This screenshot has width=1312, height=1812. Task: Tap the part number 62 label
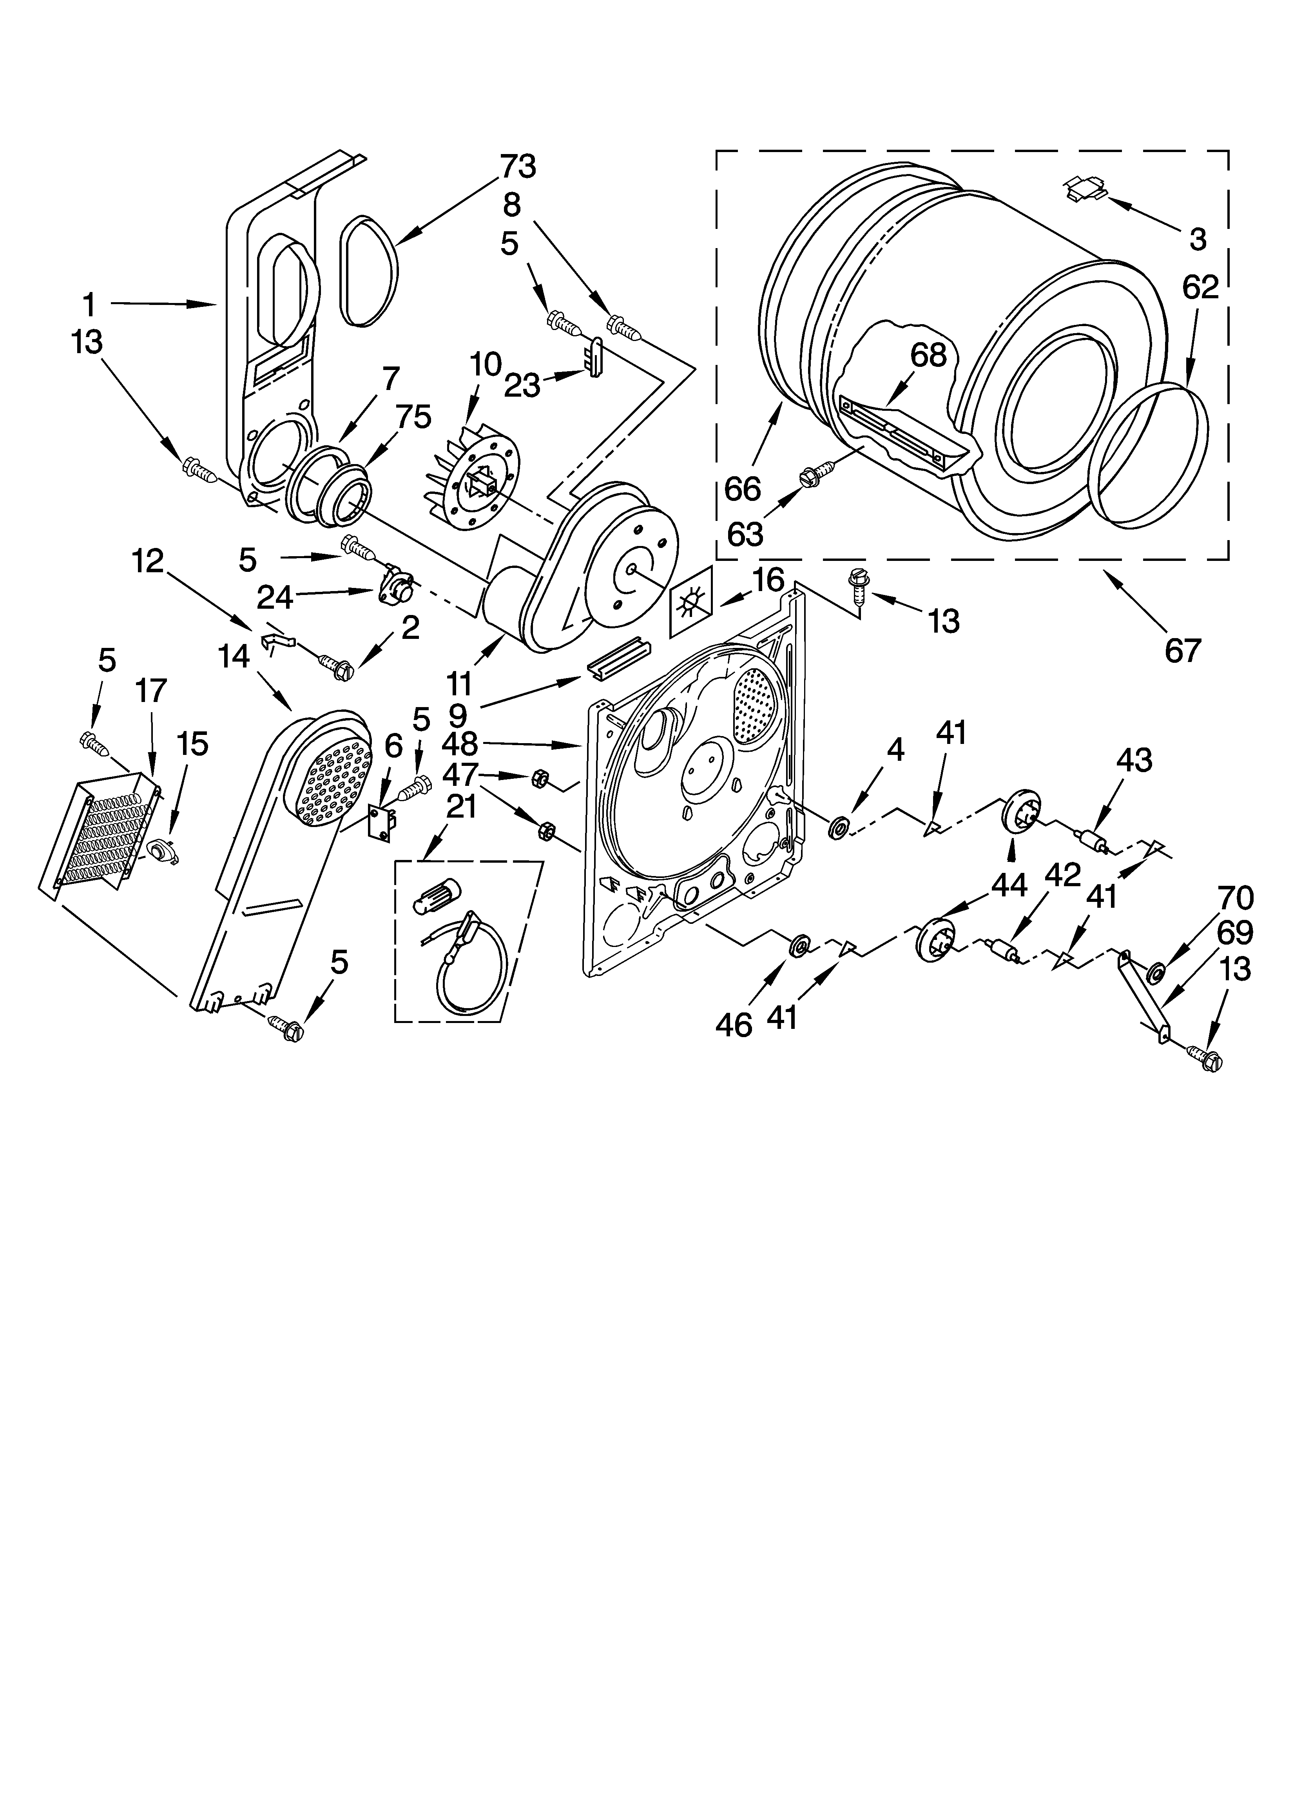pyautogui.click(x=1200, y=287)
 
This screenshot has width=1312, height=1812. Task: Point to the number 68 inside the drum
pyautogui.click(x=928, y=356)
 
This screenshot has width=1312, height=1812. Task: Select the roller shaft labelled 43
pyautogui.click(x=1091, y=840)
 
